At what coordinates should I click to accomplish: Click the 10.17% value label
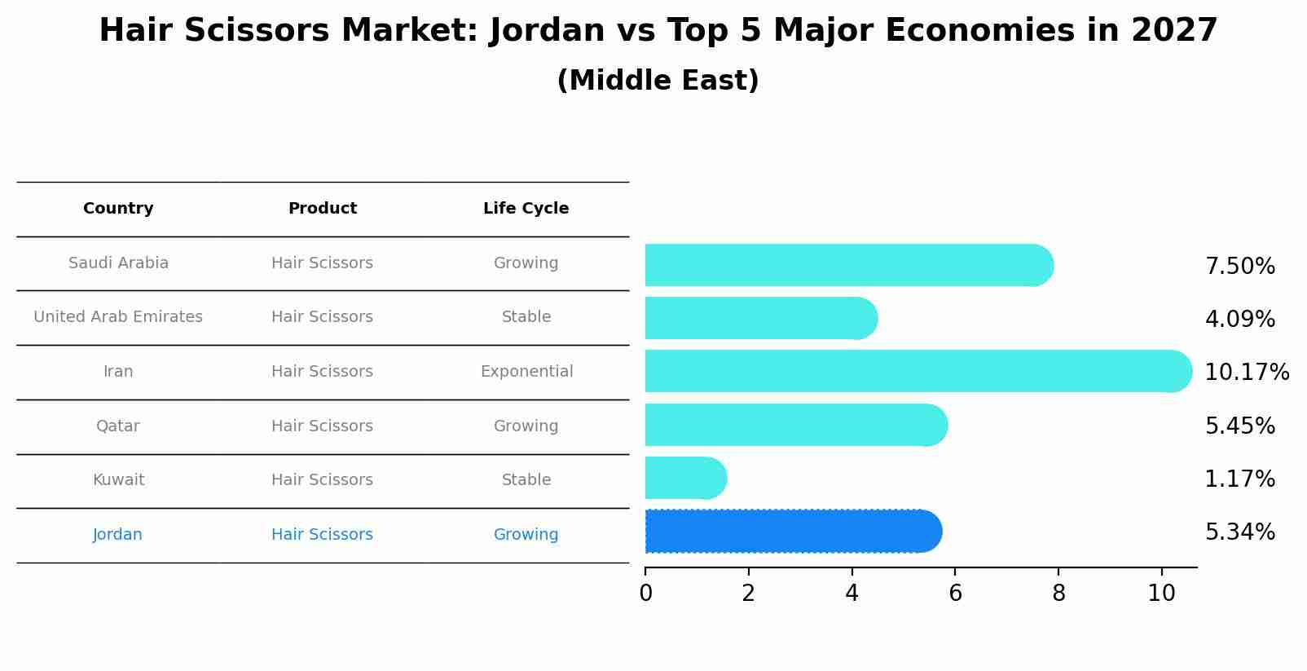click(x=1246, y=373)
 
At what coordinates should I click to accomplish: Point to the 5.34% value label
click(x=1239, y=532)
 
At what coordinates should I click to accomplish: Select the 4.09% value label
click(x=1239, y=319)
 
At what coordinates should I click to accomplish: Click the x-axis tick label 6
click(x=955, y=594)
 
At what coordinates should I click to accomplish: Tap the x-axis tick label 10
click(x=1161, y=594)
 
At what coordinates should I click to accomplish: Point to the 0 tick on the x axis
click(x=645, y=594)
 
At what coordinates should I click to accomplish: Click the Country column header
click(x=118, y=209)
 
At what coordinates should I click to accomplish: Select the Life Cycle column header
click(x=526, y=209)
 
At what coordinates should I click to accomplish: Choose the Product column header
click(x=322, y=209)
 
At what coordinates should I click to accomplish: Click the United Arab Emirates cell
click(x=118, y=317)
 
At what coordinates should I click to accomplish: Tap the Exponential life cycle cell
click(x=526, y=372)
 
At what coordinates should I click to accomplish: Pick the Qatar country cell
click(x=118, y=426)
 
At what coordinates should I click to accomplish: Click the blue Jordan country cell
click(x=117, y=535)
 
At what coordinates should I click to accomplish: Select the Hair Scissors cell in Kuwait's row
click(x=322, y=480)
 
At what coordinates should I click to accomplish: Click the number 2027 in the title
click(x=1174, y=31)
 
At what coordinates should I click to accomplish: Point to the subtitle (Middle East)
click(x=658, y=81)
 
